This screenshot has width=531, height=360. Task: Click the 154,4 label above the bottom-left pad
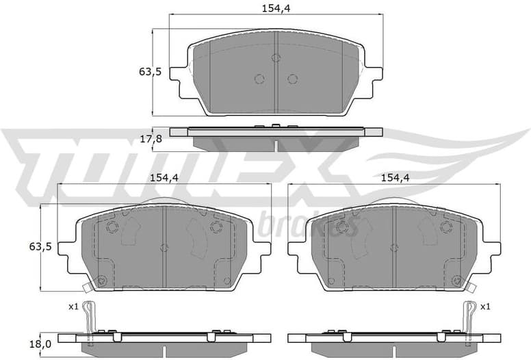coord(164,177)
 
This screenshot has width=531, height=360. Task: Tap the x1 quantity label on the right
coord(485,307)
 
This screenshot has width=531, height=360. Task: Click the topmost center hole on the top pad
coord(276,58)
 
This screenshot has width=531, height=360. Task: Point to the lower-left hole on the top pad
coord(259,79)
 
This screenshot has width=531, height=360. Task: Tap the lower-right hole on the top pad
coord(292,79)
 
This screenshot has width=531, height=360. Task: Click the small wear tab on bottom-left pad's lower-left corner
coord(86,287)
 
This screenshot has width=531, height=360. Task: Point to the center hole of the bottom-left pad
coord(164,248)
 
